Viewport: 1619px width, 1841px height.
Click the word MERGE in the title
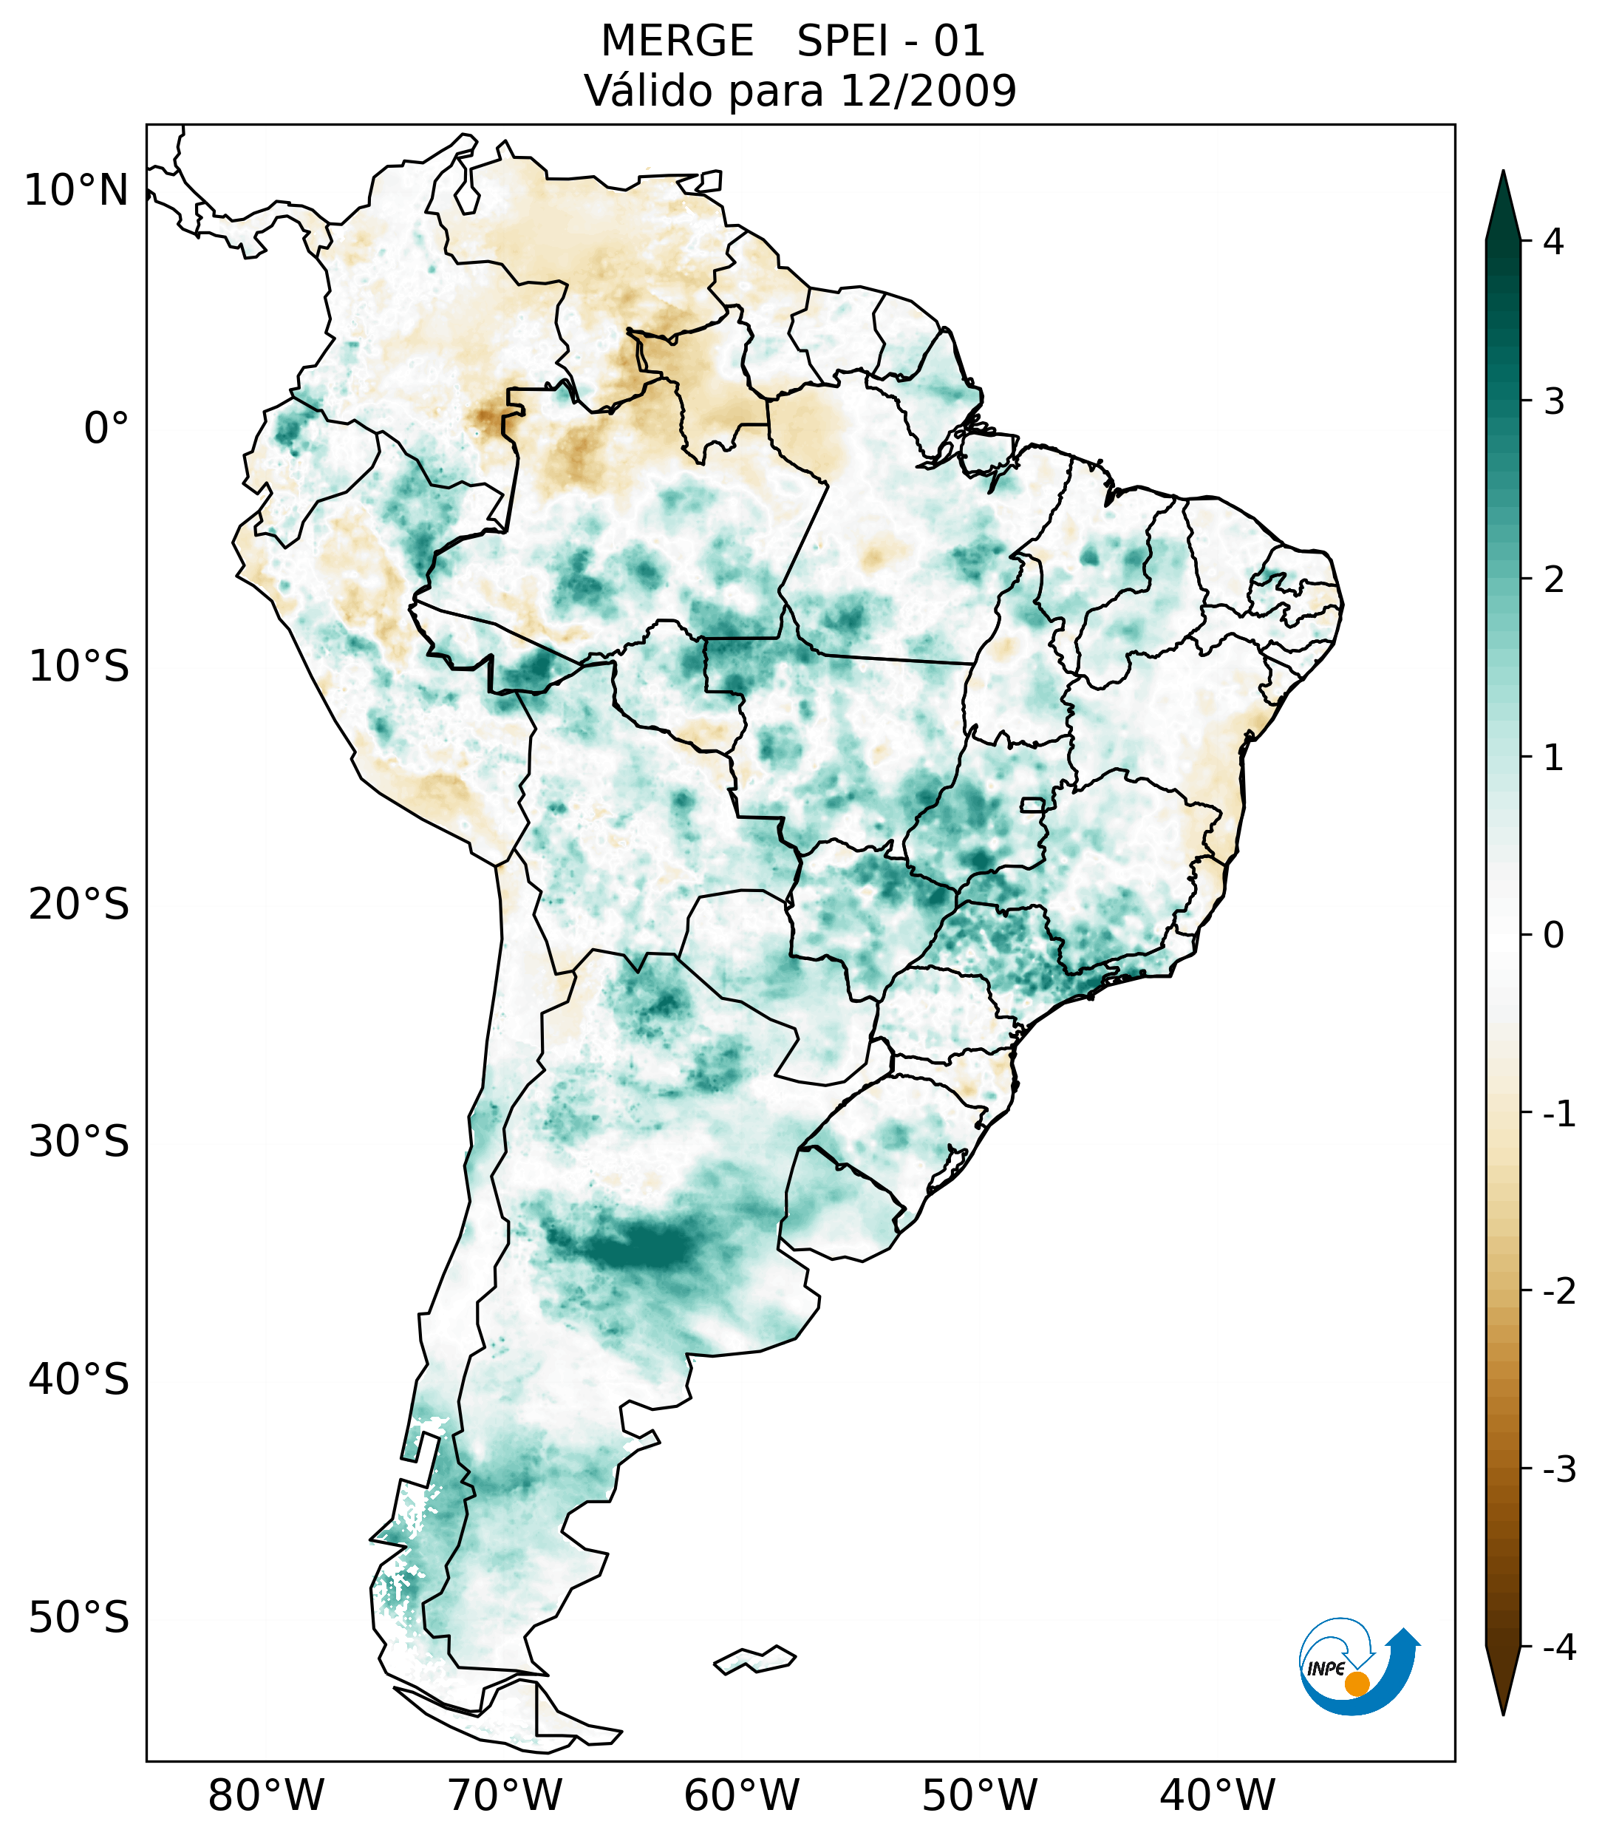point(677,41)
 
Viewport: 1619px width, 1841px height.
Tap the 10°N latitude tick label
point(75,191)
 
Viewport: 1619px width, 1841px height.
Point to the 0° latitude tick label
point(106,429)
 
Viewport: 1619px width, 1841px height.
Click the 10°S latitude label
point(79,667)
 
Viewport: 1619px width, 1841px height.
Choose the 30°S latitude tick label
point(79,1142)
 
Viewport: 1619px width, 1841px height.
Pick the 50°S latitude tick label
point(79,1618)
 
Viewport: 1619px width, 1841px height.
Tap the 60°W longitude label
point(741,1794)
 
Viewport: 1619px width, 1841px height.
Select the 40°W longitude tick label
point(1218,1794)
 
